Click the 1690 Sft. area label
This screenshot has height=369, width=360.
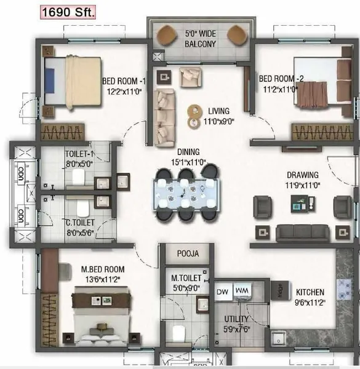(x=68, y=12)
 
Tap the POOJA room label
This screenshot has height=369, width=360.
(x=188, y=253)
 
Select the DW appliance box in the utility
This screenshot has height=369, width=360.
(x=223, y=292)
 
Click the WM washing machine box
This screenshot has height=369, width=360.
(x=242, y=291)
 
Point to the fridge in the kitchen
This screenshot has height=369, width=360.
(x=280, y=290)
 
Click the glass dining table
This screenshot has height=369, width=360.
(x=187, y=194)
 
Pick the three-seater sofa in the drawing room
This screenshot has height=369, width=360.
(x=303, y=233)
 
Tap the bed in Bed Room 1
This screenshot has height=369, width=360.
(x=73, y=82)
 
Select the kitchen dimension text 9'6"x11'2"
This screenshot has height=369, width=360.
(x=310, y=303)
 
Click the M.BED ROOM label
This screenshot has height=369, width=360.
(x=103, y=269)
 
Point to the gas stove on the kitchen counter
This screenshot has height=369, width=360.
(x=345, y=289)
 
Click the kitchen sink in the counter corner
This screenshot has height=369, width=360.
(x=279, y=338)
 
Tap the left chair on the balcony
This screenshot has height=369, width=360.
(x=167, y=35)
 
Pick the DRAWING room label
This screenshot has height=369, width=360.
(x=303, y=175)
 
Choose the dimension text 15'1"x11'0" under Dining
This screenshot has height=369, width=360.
(x=188, y=162)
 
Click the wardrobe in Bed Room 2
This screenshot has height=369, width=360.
(x=322, y=132)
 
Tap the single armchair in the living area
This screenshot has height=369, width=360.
(x=191, y=77)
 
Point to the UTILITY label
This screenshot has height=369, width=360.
(x=236, y=319)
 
